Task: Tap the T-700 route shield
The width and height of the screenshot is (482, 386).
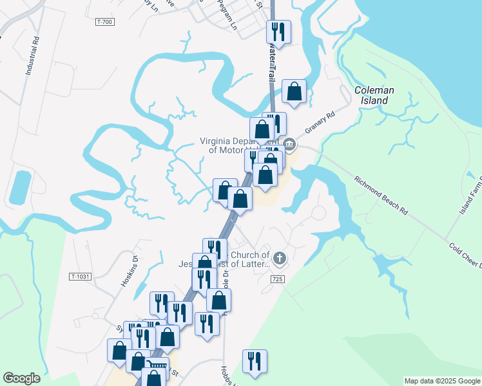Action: pyautogui.click(x=104, y=22)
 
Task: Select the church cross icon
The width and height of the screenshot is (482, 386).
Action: pyautogui.click(x=278, y=259)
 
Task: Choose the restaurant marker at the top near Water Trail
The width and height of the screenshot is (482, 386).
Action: pyautogui.click(x=278, y=31)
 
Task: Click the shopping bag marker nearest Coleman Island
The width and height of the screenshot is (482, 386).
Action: pyautogui.click(x=294, y=91)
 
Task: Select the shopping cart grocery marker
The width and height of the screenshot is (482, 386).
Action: pyautogui.click(x=157, y=367)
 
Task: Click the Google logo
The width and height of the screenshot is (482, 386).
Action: pyautogui.click(x=21, y=378)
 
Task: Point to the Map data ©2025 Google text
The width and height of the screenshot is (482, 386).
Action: pyautogui.click(x=441, y=381)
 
